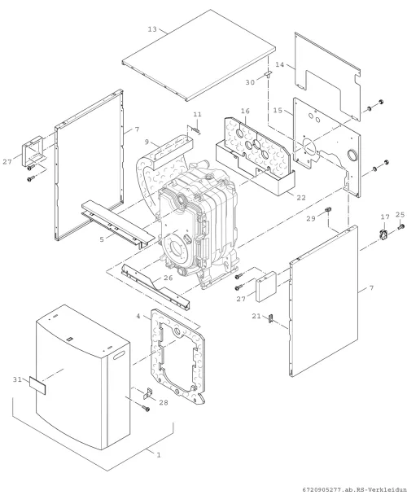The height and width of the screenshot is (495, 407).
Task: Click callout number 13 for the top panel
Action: click(152, 29)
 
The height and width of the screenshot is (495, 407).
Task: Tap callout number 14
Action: click(280, 64)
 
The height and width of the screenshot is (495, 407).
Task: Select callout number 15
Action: click(278, 111)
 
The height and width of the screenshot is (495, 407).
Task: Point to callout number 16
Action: click(245, 111)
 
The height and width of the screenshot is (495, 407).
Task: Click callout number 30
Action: click(250, 82)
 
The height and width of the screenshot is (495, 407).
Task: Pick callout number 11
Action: click(197, 114)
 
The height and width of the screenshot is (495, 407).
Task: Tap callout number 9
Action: click(147, 142)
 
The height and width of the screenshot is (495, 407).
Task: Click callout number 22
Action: click(301, 198)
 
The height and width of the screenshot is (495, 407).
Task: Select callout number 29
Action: click(311, 218)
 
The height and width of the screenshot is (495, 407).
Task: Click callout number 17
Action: click(385, 217)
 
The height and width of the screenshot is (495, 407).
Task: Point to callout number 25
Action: click(400, 215)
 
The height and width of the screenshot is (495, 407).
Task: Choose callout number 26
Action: click(168, 278)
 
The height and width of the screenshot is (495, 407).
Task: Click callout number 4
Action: click(138, 316)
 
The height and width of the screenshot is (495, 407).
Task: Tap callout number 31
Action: click(17, 379)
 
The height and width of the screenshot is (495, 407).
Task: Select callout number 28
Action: click(164, 402)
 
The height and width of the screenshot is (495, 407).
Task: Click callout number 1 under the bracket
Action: click(159, 455)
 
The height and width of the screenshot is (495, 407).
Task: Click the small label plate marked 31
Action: click(37, 385)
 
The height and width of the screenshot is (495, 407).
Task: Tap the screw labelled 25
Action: click(400, 226)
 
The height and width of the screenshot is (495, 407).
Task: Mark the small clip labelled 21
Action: click(270, 318)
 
